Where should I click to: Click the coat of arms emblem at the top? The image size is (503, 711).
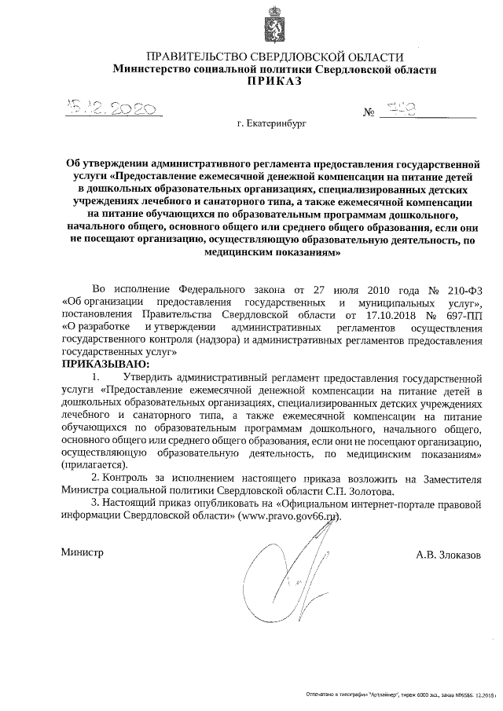[274, 25]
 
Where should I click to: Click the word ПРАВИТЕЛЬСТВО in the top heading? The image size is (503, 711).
[189, 57]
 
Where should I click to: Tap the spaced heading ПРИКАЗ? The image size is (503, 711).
[275, 82]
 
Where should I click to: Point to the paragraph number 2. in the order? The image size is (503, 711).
[96, 478]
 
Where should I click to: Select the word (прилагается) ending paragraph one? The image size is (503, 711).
[94, 465]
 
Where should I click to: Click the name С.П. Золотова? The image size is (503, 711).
[354, 490]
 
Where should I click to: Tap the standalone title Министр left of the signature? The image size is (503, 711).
[83, 553]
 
